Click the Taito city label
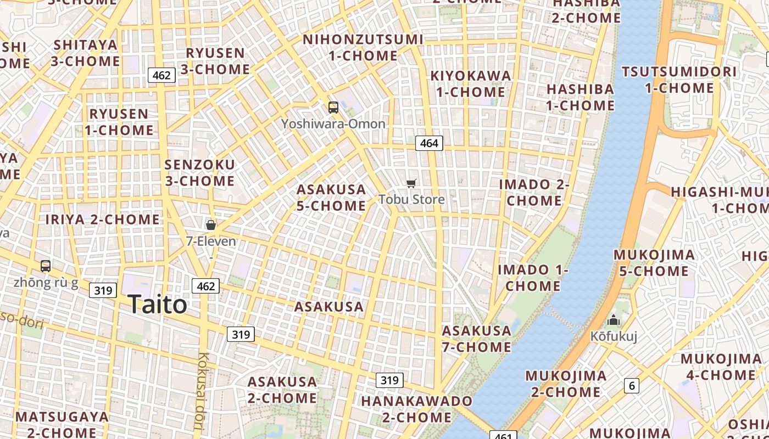click(157, 305)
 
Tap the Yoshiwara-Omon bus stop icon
click(333, 107)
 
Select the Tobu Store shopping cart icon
click(411, 183)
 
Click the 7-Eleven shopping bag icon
click(210, 224)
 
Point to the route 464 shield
click(429, 143)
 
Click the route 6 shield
click(632, 386)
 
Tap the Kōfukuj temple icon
click(614, 320)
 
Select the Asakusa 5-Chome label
click(331, 198)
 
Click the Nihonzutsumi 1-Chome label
click(363, 48)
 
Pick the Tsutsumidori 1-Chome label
click(679, 80)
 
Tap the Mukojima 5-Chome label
click(654, 263)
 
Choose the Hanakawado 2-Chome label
click(416, 409)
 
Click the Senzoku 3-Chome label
click(199, 172)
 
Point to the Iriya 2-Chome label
click(102, 219)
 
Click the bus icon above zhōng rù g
click(46, 266)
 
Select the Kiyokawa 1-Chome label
click(471, 83)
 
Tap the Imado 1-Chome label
click(533, 278)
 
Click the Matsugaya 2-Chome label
click(62, 424)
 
